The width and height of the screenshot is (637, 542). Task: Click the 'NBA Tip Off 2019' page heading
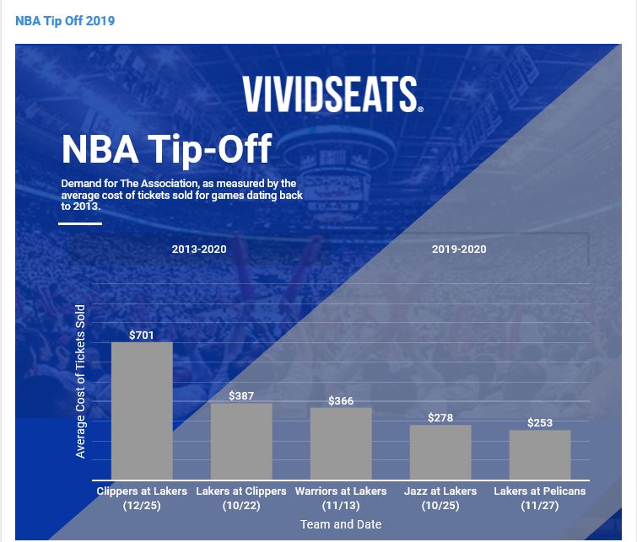tap(65, 20)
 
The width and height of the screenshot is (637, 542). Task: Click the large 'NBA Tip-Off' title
tap(166, 149)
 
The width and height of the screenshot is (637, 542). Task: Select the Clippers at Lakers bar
tap(142, 411)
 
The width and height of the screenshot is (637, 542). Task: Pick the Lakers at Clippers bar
tap(241, 442)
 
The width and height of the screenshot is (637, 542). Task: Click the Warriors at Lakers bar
tap(341, 444)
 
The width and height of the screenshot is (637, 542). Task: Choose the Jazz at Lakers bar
tap(440, 453)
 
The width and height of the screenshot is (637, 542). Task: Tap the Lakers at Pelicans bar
tap(540, 455)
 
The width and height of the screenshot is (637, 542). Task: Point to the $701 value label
tap(142, 335)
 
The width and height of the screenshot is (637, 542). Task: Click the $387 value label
tap(241, 396)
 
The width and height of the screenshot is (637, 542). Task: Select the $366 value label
tap(341, 400)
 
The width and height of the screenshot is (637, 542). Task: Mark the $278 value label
tap(440, 417)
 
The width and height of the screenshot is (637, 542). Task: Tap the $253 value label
tap(540, 422)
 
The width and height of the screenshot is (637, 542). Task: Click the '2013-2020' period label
tap(199, 250)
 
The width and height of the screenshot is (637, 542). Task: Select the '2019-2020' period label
tap(459, 250)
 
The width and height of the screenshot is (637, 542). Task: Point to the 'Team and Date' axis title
tap(341, 524)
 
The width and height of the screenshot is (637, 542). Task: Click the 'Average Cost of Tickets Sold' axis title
tap(81, 382)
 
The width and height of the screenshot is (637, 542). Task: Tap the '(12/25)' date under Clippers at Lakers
tap(142, 506)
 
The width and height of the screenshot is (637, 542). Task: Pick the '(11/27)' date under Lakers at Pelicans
tap(540, 506)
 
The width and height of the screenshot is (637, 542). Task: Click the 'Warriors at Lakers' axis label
tap(341, 491)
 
